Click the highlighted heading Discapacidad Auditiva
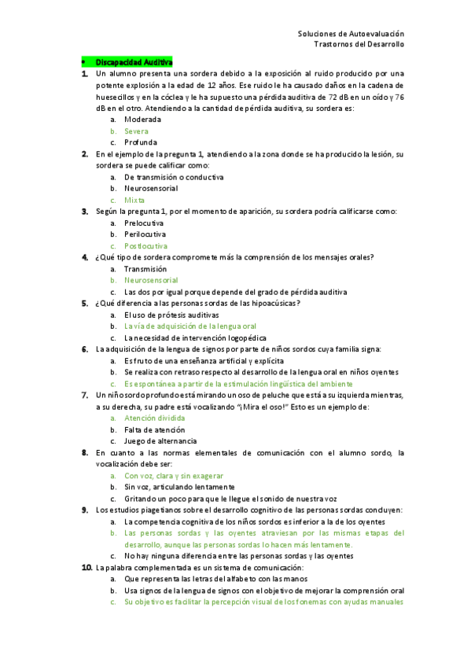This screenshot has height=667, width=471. coord(134,61)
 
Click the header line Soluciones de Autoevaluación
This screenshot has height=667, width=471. coord(351,34)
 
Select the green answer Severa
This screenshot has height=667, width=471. coord(136,131)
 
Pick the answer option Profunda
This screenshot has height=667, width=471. coord(142,142)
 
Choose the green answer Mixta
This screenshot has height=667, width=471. coord(134,200)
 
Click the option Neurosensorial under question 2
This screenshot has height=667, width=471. coord(151,188)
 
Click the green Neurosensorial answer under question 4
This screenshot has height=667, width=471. coord(151,280)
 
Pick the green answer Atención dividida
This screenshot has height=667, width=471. coord(155,418)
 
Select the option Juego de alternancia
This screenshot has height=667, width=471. coord(160,440)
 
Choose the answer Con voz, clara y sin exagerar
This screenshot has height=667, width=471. coord(174,475)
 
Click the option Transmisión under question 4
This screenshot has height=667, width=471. coord(145,268)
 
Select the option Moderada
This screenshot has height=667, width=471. coord(142,120)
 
